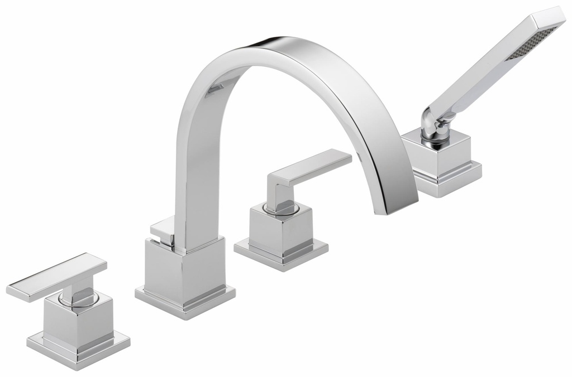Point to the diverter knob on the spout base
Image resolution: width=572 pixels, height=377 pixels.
coord(162,228)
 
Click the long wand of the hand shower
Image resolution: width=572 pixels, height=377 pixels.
coord(492,67)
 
